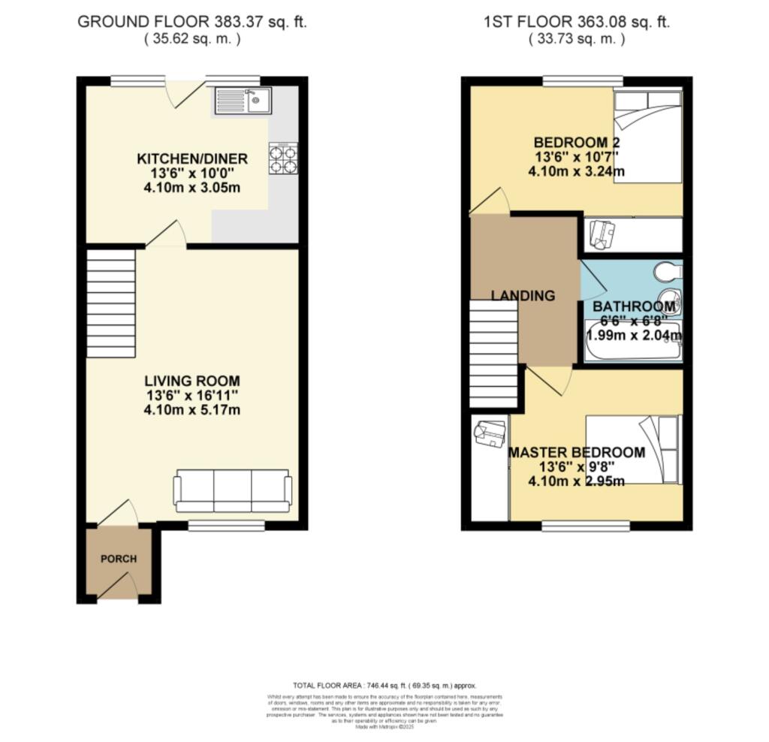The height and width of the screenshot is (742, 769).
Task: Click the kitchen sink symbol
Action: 243,100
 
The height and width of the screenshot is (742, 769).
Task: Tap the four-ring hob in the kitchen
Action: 283,158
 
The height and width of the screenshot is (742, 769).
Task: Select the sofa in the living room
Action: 233,491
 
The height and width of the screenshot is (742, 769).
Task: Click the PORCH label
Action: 119,559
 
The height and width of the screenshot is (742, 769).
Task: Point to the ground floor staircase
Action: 111,303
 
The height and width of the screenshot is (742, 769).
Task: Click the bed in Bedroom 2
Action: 647,137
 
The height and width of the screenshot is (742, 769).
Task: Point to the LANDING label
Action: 523,296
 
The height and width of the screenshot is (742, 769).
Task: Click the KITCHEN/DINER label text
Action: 192,158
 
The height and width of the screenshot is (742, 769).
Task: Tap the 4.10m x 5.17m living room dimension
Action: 192,410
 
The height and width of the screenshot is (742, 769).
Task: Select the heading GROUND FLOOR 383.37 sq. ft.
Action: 192,22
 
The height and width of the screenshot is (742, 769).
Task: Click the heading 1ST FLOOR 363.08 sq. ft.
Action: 577,22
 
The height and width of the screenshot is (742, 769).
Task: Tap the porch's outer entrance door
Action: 119,587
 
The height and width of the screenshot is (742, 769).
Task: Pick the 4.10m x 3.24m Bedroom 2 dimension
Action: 577,171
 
